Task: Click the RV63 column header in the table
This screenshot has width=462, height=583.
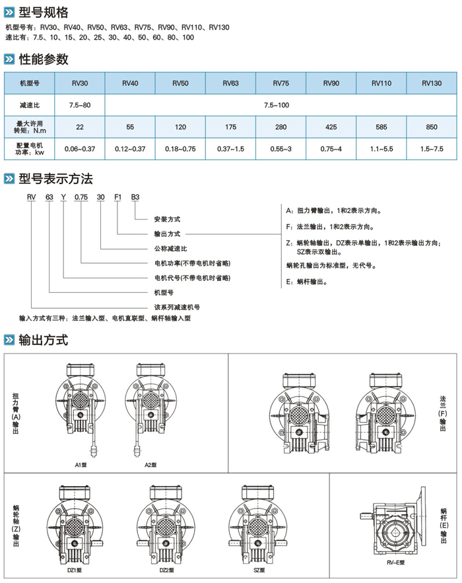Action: pos(230,83)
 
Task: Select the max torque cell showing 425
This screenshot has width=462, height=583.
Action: pos(331,126)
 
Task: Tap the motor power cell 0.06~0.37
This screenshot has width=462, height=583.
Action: pos(80,150)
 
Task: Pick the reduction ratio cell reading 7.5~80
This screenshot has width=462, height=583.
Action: pos(80,105)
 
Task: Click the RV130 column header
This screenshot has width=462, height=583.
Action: pos(432,83)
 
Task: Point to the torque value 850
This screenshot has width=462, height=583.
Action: pos(432,126)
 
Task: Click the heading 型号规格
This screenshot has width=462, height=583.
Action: pos(43,13)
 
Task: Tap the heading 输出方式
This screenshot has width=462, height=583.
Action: pos(44,341)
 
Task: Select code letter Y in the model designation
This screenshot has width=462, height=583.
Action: pos(63,197)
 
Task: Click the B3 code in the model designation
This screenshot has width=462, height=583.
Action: pos(135,197)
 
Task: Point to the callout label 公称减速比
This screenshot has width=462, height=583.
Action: pos(171,249)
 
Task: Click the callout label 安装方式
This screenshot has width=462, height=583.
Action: pos(167,218)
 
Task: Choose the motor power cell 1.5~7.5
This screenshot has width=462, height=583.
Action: pos(432,150)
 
